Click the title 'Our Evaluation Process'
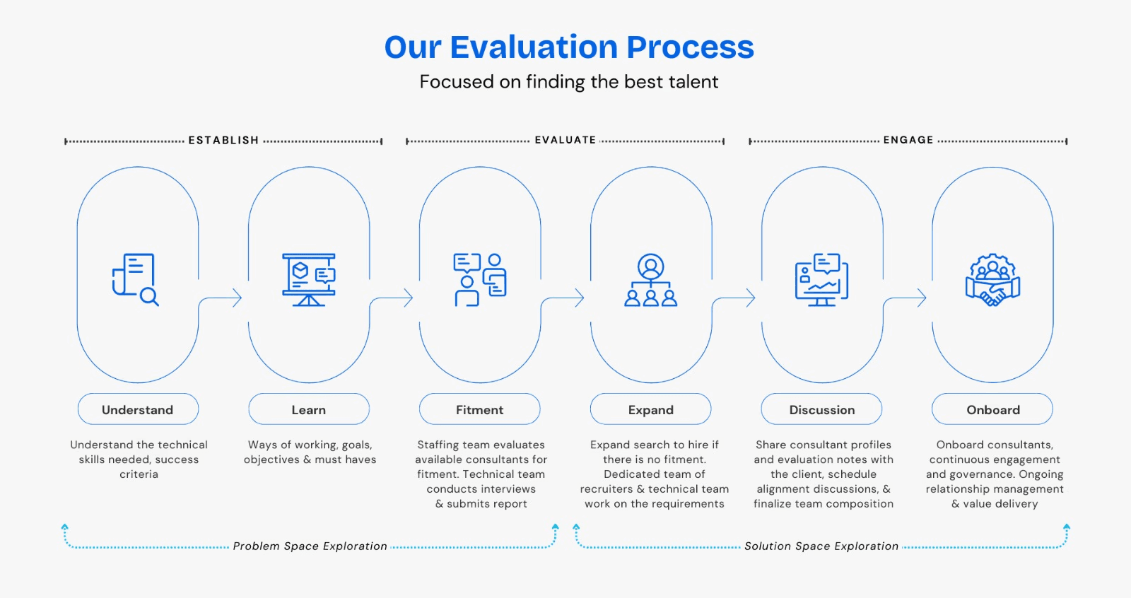point(569,47)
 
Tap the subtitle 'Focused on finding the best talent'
point(569,82)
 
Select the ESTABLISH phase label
point(223,141)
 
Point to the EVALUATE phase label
point(565,141)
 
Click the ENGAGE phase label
point(908,141)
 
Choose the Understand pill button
point(138,409)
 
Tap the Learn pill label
point(309,409)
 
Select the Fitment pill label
point(480,409)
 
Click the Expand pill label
point(651,409)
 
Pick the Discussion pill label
point(822,409)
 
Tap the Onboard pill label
point(993,409)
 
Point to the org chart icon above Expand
point(651,280)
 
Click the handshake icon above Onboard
point(993,280)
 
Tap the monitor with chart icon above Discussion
point(822,280)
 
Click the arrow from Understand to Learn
point(223,298)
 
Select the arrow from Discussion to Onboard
point(907,298)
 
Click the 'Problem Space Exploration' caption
point(310,546)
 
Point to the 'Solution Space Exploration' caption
point(821,546)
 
